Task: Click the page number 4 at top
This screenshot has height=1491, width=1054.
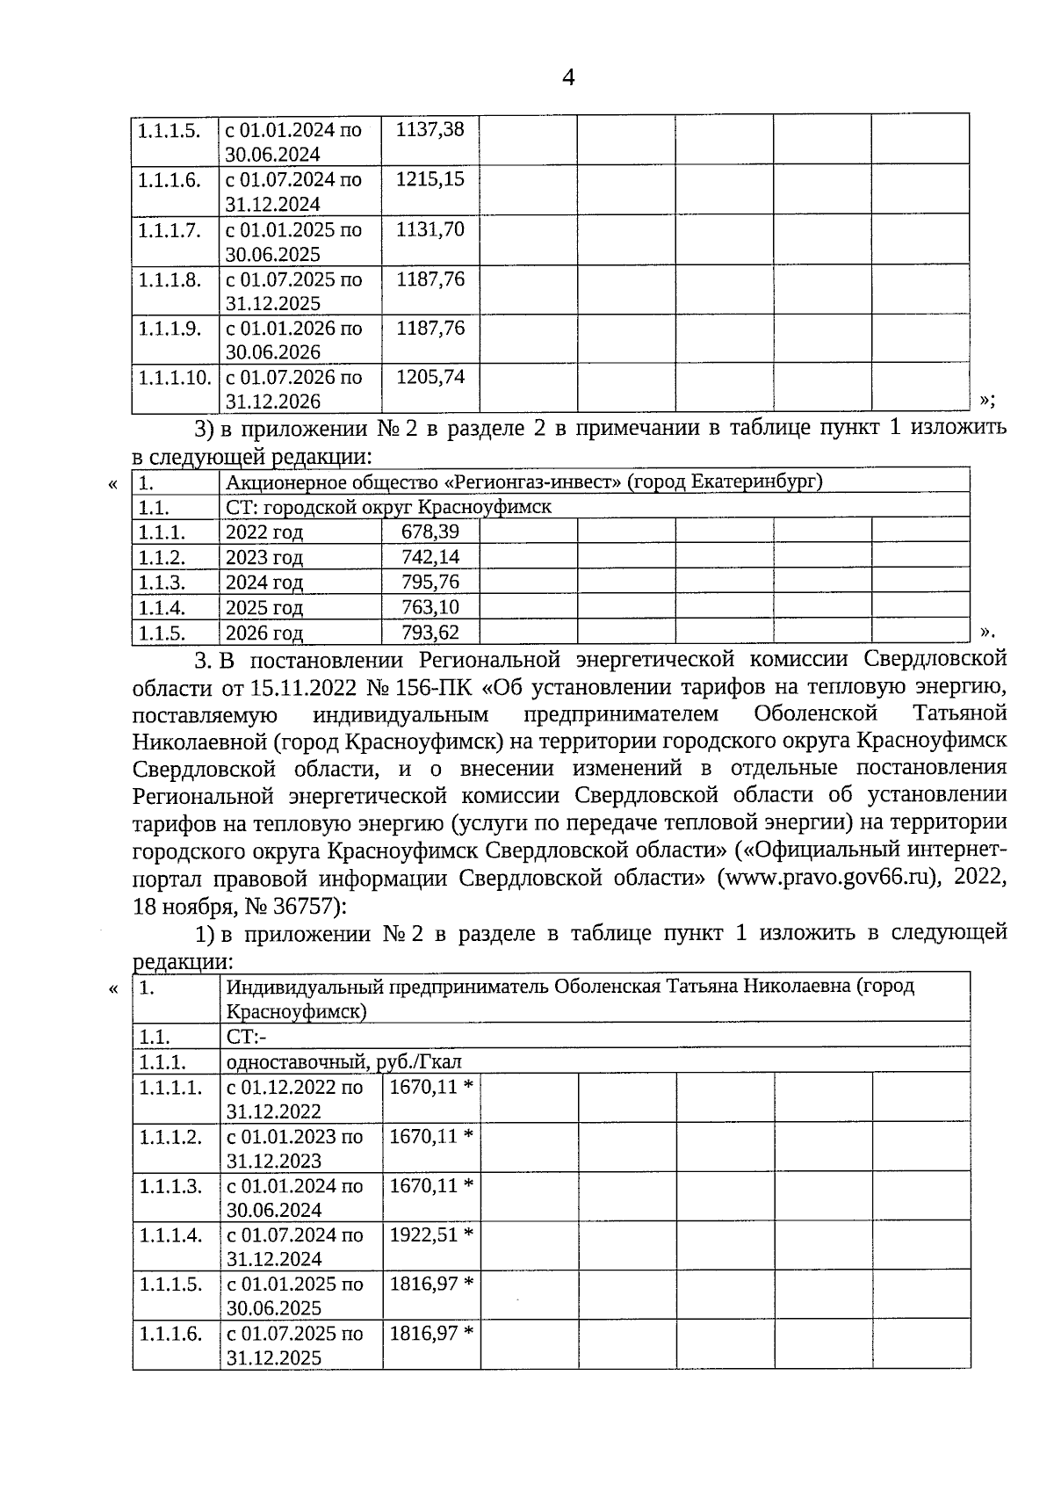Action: (x=568, y=78)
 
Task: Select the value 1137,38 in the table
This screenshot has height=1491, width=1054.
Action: (x=430, y=130)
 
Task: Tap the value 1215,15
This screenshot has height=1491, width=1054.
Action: (x=430, y=180)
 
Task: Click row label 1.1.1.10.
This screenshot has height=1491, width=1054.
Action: (x=175, y=378)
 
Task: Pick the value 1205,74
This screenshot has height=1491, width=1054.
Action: (x=430, y=378)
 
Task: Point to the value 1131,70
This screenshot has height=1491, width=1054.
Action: (x=430, y=230)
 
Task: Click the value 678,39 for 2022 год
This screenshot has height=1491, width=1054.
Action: (x=430, y=532)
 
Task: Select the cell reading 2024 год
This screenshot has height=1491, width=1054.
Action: (x=264, y=583)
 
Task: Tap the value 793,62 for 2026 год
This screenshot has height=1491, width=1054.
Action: (x=430, y=633)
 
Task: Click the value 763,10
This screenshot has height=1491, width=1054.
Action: (x=430, y=607)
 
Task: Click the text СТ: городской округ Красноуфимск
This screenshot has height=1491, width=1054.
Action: (x=388, y=507)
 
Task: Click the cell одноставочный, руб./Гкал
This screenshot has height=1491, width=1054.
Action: (x=343, y=1060)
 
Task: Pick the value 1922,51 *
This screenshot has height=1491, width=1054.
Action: (x=431, y=1234)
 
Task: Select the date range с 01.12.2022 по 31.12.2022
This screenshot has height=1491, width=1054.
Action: (x=294, y=1098)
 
